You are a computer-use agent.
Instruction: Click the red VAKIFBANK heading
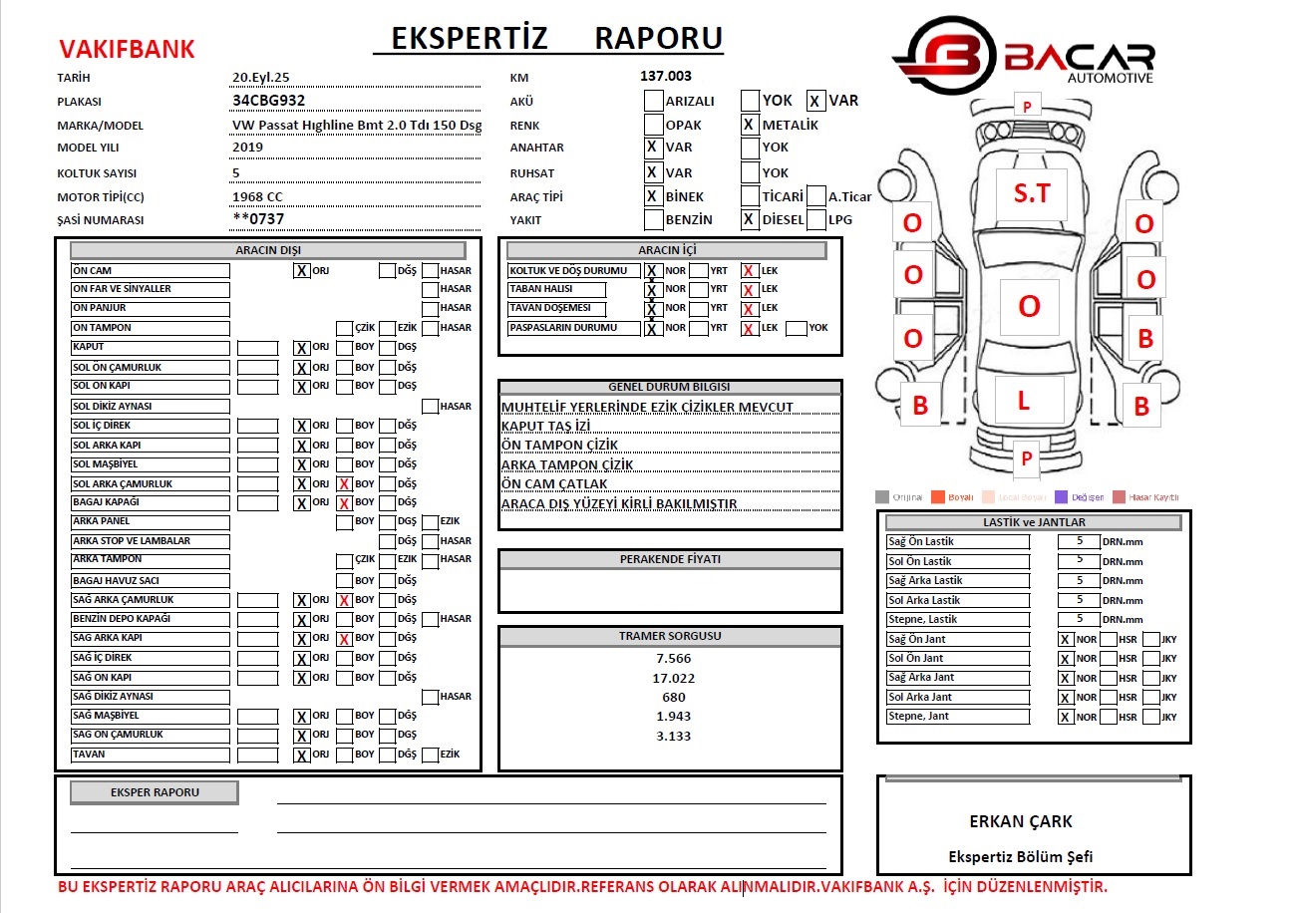127,49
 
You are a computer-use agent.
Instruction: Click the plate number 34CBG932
268,100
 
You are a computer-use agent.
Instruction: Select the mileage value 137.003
666,76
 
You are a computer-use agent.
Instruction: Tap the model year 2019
248,148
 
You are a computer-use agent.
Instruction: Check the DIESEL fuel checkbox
750,220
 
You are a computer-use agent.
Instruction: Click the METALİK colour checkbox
750,125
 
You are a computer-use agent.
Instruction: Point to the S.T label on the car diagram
1031,193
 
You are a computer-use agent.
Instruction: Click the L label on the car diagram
1023,402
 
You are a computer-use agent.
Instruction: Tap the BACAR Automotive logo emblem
943,60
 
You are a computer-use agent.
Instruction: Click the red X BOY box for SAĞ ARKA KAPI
344,639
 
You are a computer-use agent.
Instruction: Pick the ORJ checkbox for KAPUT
301,348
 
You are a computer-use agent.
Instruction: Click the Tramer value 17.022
673,678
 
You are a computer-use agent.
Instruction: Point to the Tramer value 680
673,697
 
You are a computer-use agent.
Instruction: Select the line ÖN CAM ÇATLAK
554,484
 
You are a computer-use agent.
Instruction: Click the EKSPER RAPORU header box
154,792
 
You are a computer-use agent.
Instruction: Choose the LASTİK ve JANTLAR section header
1033,522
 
